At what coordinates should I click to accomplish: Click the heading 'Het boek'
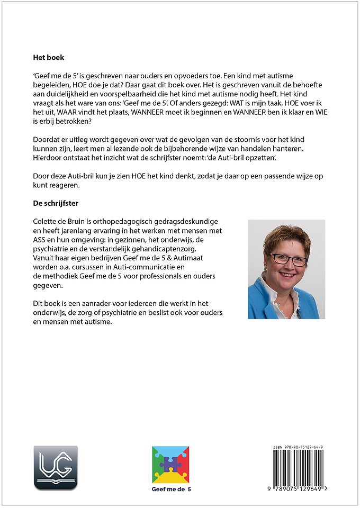(x=48, y=58)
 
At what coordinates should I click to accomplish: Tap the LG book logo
(x=56, y=467)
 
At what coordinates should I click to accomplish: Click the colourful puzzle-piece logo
(x=170, y=464)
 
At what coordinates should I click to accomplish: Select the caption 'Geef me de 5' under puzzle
(x=170, y=489)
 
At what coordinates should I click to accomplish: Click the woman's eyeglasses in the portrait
(x=289, y=259)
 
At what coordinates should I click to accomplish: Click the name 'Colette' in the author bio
(x=46, y=220)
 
